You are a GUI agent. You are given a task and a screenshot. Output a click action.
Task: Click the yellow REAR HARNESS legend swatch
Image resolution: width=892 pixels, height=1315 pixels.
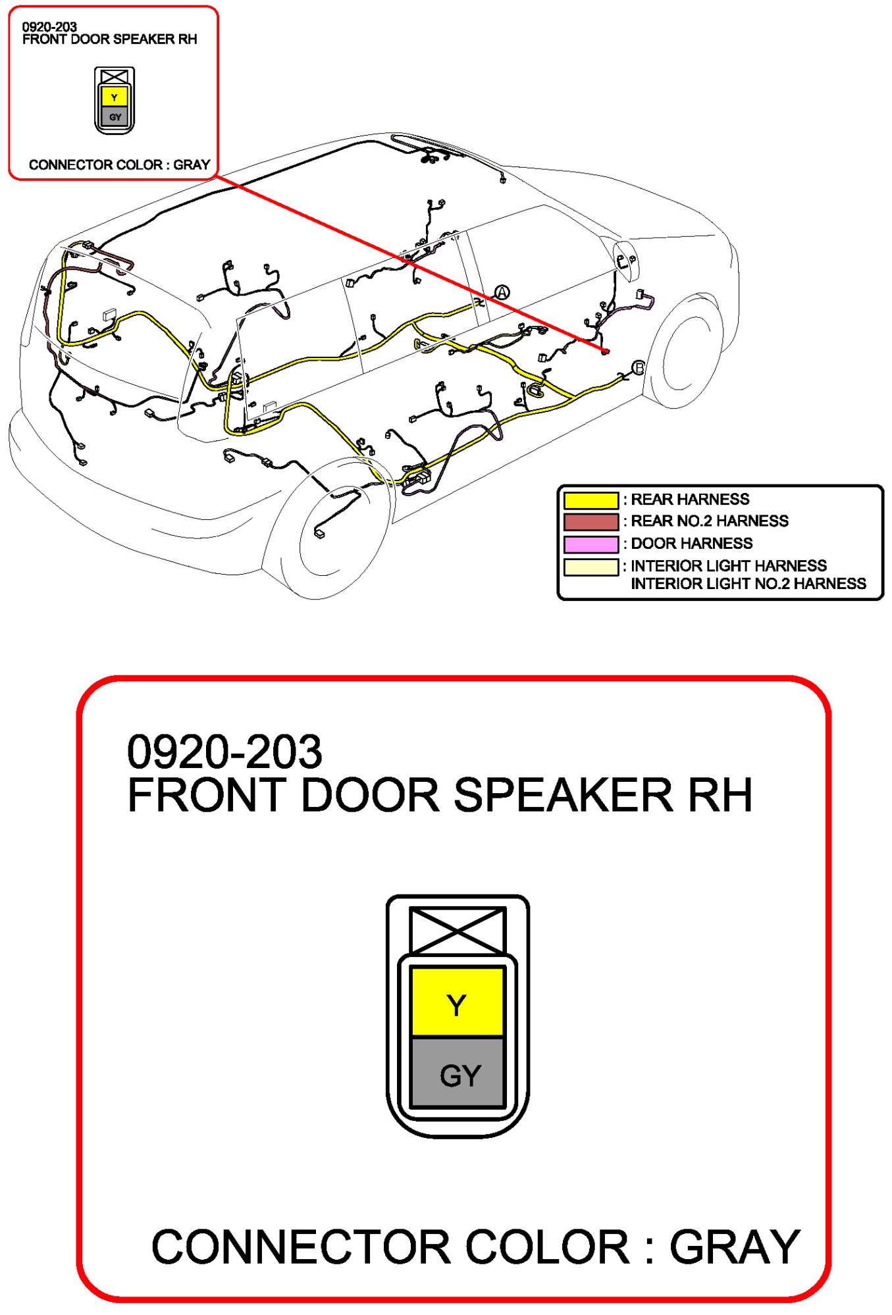590,500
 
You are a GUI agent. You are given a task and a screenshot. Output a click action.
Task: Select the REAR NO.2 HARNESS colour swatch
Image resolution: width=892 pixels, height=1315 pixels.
590,522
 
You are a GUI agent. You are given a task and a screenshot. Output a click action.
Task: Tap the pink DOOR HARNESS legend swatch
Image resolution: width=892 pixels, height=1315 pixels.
590,544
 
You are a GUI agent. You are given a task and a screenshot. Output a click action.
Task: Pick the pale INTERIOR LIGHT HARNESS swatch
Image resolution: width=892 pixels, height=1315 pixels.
590,567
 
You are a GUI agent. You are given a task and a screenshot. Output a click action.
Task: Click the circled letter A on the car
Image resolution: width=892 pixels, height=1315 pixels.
502,292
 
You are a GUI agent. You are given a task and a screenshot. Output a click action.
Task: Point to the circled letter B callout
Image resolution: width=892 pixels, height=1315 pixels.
638,368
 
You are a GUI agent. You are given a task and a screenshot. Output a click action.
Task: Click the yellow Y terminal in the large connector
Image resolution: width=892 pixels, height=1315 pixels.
457,1003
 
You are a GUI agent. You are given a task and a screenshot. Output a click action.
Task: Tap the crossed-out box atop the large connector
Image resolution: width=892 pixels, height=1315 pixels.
458,930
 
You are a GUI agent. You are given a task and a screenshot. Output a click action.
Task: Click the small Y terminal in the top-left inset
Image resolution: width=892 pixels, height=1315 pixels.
115,97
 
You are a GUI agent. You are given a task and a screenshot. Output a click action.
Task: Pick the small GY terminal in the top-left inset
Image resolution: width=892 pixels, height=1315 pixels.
115,117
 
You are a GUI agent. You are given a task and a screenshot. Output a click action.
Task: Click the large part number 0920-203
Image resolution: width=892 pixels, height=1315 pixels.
224,752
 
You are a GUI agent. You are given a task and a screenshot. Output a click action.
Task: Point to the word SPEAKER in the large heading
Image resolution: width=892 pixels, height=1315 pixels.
563,795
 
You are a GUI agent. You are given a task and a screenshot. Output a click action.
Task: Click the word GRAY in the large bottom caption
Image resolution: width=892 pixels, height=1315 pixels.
734,1247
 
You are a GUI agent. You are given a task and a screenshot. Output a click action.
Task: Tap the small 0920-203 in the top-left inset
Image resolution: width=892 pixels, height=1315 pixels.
49,27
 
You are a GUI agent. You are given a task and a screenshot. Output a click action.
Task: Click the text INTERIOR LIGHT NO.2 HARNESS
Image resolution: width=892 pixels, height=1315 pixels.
748,584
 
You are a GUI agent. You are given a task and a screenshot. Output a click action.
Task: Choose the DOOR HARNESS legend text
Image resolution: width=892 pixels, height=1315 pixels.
691,544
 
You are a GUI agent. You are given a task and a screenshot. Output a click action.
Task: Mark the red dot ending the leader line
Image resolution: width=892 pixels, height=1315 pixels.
606,351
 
